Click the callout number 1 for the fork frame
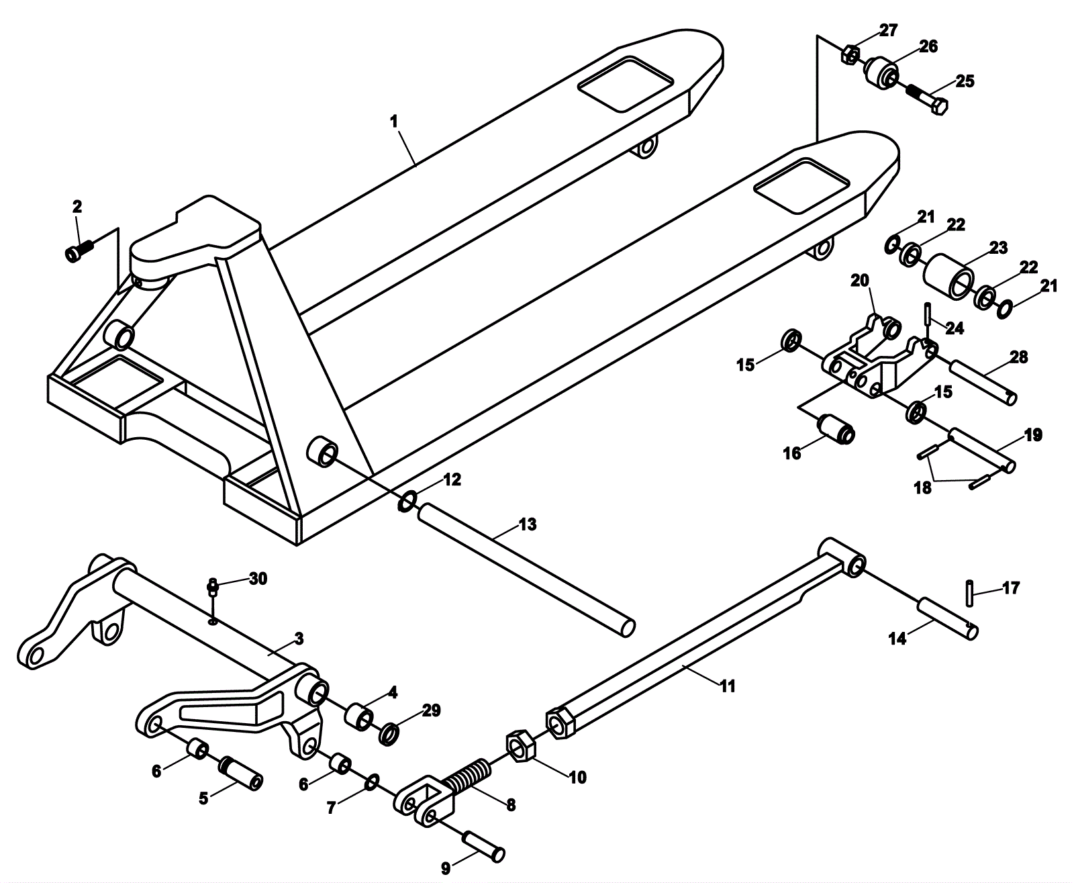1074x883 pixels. coord(394,122)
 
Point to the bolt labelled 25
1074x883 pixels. coord(929,100)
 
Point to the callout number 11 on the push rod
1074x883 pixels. coord(728,686)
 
